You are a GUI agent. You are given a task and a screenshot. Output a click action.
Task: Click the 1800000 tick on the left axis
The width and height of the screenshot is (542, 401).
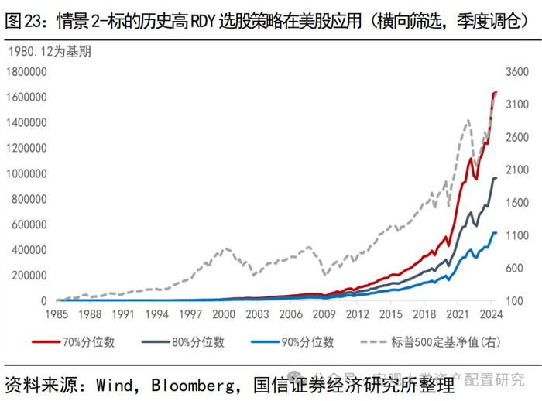[x=27, y=72]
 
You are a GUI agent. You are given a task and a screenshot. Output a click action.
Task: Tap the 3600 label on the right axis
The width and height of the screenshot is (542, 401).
[x=516, y=72]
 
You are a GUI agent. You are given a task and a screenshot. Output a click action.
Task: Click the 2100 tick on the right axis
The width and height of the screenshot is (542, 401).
[x=516, y=170]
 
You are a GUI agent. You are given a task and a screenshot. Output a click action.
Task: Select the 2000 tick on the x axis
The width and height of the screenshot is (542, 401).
[x=223, y=315]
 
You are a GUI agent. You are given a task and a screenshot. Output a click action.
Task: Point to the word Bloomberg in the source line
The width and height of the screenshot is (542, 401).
[x=189, y=382]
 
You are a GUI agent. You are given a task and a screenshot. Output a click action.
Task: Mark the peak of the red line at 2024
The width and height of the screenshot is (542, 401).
[x=496, y=92]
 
